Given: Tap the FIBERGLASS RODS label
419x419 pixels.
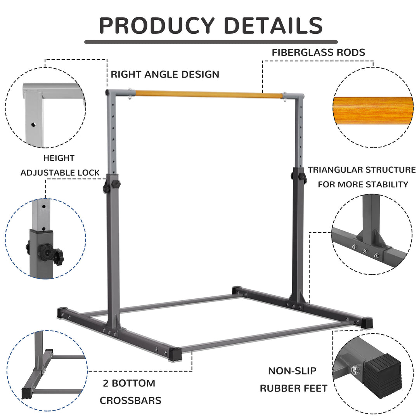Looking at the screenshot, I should pos(318,53).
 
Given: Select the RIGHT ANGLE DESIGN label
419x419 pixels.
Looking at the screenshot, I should pos(165,74).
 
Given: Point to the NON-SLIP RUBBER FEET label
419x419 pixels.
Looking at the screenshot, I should pos(293,379).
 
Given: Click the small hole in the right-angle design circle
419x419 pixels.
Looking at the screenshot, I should pos(34,125).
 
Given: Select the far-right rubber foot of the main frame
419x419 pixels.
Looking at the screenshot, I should pos(366,322).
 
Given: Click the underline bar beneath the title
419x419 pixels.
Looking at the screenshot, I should pos(211,42).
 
